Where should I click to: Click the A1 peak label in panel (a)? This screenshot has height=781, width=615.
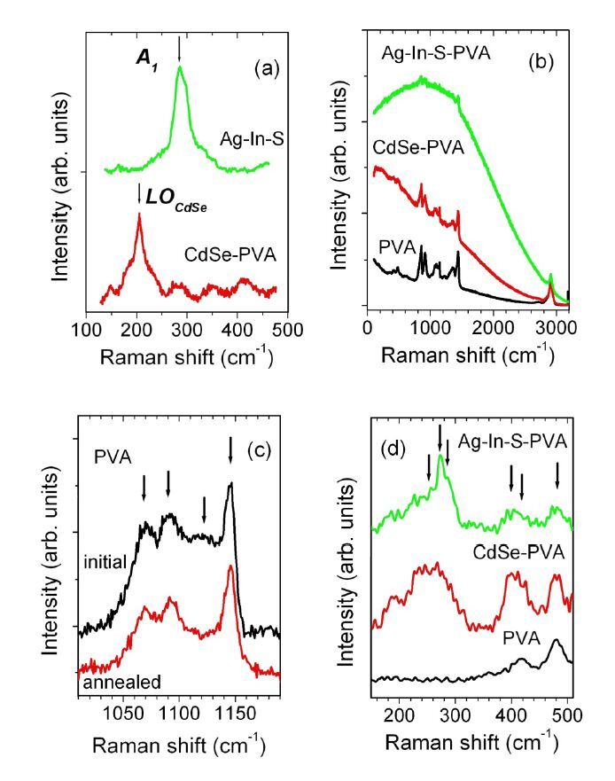(141, 57)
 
